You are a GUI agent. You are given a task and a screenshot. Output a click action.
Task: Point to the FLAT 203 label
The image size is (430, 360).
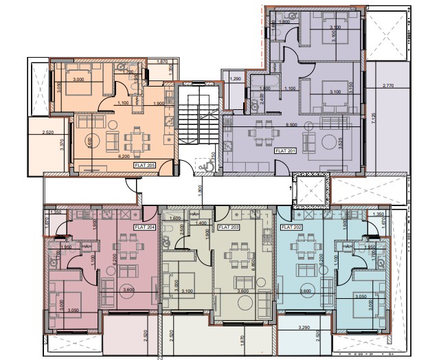coord(227,226)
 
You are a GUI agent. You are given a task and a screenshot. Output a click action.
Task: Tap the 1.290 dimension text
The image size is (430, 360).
coord(236,79)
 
